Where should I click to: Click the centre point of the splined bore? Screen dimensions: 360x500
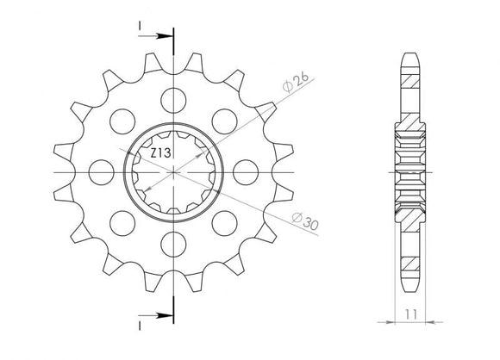pyautogui.click(x=175, y=172)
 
